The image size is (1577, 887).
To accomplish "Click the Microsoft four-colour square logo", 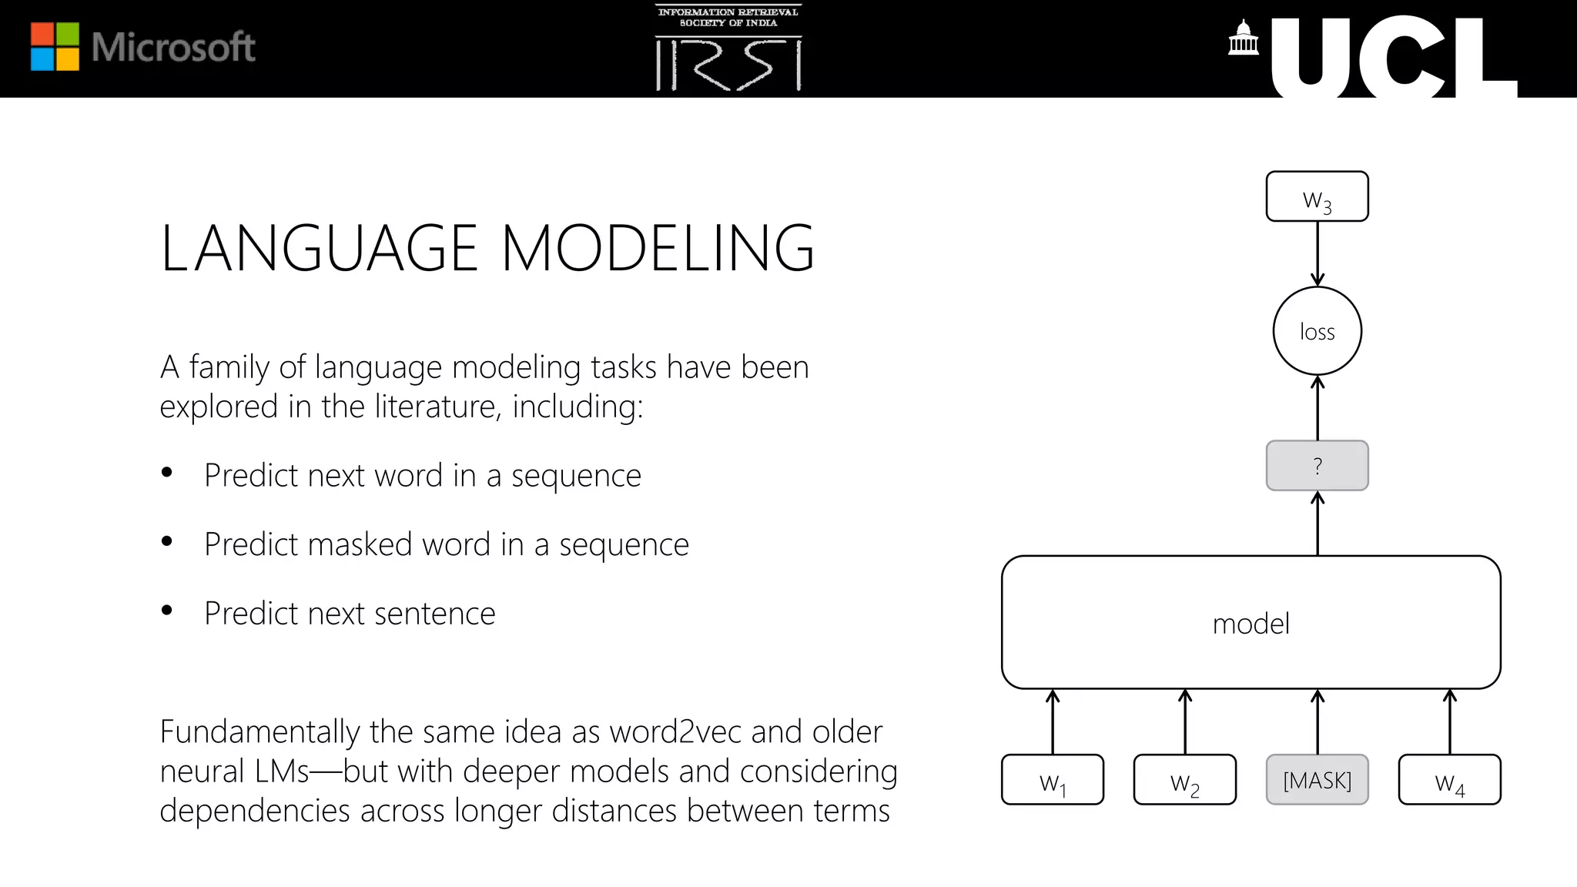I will [x=55, y=47].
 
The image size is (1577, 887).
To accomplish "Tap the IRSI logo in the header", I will [x=728, y=49].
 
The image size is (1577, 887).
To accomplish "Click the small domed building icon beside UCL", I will [x=1243, y=38].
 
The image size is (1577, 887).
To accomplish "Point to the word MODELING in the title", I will [x=658, y=249].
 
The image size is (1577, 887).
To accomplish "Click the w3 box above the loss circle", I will [x=1317, y=197].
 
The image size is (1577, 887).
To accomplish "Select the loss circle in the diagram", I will [x=1317, y=331].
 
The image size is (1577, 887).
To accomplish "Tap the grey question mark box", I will [x=1317, y=466].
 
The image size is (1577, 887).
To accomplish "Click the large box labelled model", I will [x=1251, y=622].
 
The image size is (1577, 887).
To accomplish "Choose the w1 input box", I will [x=1052, y=780].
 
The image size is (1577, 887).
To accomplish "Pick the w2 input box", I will [x=1184, y=780].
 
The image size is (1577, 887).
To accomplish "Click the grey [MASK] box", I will [x=1317, y=780].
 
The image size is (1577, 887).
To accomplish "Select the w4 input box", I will [x=1449, y=780].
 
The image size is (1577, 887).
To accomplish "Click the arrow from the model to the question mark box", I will [x=1317, y=524].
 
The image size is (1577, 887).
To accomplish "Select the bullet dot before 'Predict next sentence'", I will [x=167, y=611].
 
